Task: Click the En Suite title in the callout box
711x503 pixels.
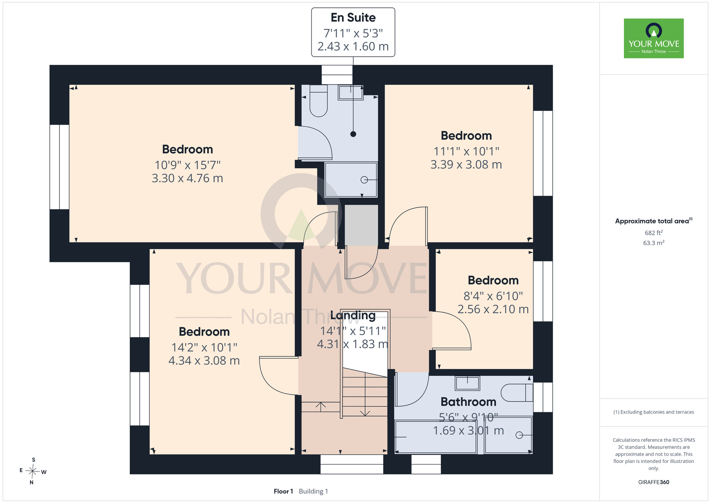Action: (x=353, y=17)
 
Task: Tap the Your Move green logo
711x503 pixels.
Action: (x=654, y=38)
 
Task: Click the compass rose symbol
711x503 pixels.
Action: (x=33, y=471)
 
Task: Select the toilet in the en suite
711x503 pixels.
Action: (x=319, y=101)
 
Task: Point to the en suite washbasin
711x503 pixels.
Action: (x=351, y=92)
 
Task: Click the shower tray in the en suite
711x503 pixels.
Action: (x=351, y=180)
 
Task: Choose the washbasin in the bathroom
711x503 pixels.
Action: (x=467, y=383)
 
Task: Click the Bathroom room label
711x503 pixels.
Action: (x=469, y=402)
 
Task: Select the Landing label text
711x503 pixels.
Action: (x=353, y=316)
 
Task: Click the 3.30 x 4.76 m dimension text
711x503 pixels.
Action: (x=187, y=178)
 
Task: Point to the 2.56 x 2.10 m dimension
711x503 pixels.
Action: (x=493, y=309)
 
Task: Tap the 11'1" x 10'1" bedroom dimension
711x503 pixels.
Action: (x=466, y=152)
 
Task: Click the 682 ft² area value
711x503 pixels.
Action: (x=654, y=233)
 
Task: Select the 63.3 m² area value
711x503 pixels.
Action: (x=654, y=243)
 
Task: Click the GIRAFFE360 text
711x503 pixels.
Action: (x=654, y=482)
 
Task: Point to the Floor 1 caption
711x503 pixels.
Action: (x=283, y=491)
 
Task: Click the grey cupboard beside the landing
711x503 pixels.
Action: (x=361, y=225)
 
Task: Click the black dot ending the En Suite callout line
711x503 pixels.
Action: (x=353, y=134)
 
